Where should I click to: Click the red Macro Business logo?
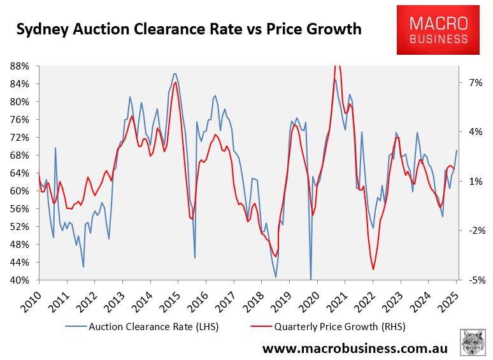coord(439,30)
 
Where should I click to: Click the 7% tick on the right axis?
coord(473,83)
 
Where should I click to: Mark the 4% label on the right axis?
coord(473,132)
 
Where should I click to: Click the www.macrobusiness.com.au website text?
coord(355,349)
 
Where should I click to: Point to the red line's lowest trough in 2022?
coord(373,270)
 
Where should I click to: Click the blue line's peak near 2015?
coord(175,74)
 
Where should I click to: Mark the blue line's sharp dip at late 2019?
coord(311,278)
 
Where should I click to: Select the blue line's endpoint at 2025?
coord(457,150)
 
